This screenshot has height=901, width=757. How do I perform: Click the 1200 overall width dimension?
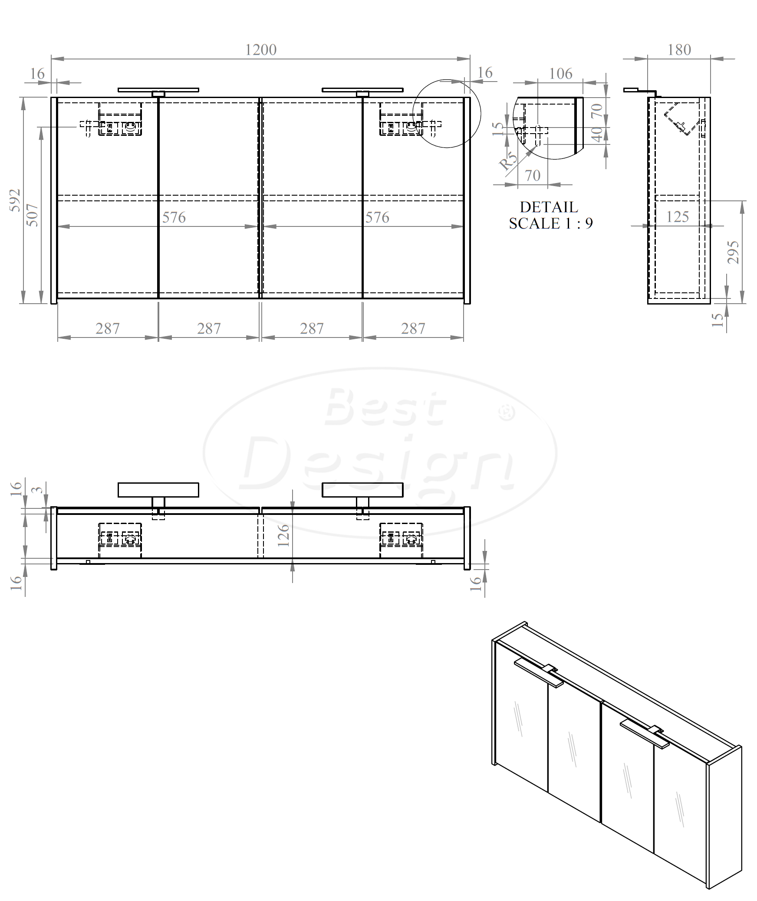click(261, 50)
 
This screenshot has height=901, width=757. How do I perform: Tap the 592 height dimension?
click(15, 200)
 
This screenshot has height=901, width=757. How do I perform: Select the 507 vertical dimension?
click(33, 215)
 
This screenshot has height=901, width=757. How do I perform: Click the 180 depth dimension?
click(679, 50)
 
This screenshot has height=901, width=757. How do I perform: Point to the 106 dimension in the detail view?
click(561, 74)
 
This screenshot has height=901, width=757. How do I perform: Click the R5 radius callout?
click(508, 160)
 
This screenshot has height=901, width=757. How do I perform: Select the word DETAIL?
click(549, 207)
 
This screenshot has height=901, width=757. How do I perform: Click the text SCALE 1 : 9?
click(551, 223)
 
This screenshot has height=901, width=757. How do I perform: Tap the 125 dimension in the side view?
click(677, 217)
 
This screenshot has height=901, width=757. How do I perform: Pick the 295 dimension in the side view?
click(733, 252)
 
